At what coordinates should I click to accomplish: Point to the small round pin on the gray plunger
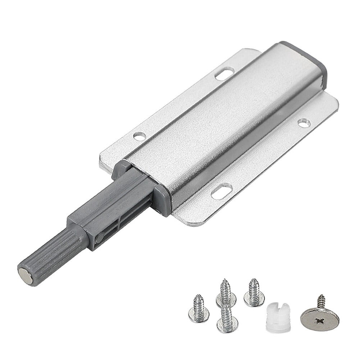tap(100, 237)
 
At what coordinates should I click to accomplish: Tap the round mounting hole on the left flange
tap(139, 136)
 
